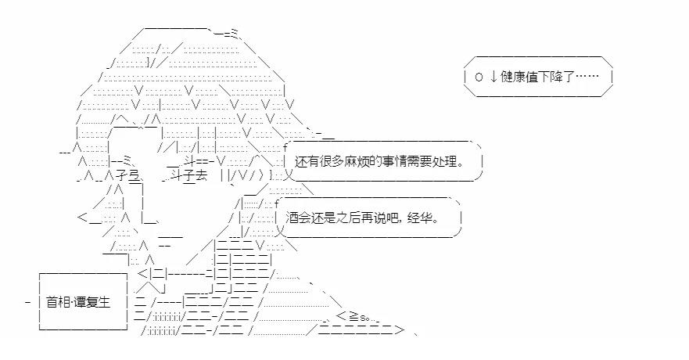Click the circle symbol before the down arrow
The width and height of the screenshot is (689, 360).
478,77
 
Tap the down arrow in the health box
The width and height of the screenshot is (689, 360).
493,77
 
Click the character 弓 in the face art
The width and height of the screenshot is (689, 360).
134,176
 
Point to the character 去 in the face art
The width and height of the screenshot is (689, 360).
201,176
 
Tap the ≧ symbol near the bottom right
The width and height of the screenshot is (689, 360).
353,316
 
